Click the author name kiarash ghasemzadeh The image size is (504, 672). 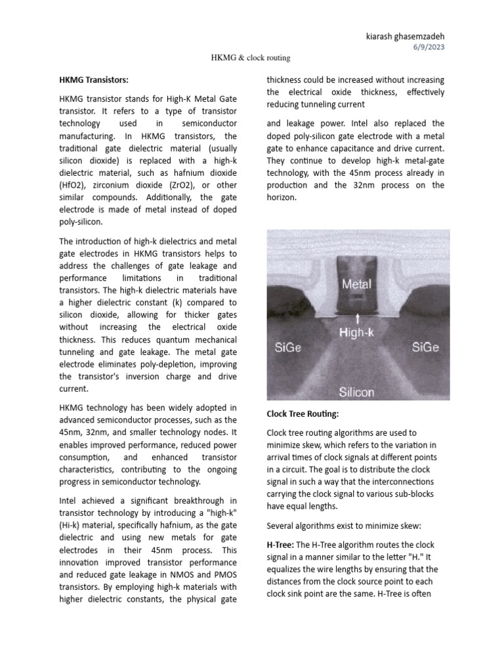click(x=405, y=37)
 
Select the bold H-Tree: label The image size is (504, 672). click(x=280, y=545)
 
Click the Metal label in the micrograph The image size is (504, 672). click(x=356, y=284)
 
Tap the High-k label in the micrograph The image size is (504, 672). click(x=357, y=333)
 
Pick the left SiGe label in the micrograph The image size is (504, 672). click(x=287, y=347)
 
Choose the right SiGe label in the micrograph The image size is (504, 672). click(x=426, y=347)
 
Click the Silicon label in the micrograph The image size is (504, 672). click(x=357, y=392)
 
